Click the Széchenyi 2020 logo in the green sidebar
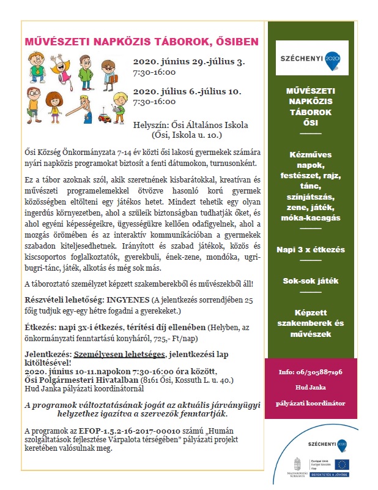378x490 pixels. point(311,57)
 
